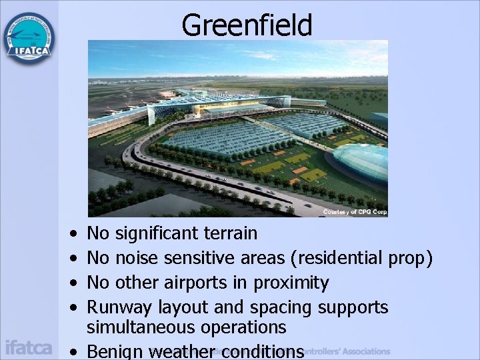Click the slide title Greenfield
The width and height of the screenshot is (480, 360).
[247, 25]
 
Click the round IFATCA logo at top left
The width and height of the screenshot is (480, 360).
[29, 38]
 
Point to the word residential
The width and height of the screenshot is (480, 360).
[339, 258]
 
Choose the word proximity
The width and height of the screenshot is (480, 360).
[291, 283]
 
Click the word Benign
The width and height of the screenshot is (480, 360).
[117, 351]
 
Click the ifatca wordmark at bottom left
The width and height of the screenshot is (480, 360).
[28, 347]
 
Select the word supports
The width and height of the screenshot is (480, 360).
[353, 308]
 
